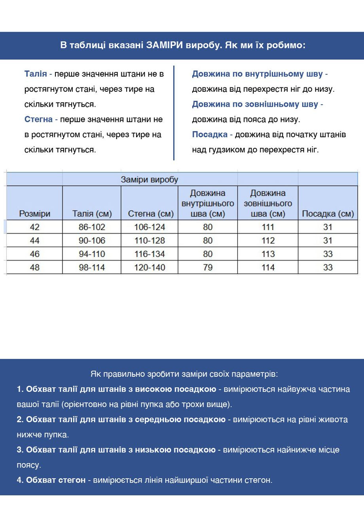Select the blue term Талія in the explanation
coord(36,74)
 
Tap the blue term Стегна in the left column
coord(38,119)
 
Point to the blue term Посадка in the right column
coord(210,134)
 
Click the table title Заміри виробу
coord(150,179)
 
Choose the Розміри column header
coord(35,214)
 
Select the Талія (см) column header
coord(92,214)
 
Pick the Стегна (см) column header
coord(151,214)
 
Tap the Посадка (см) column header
coord(328,214)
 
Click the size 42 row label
coord(35,227)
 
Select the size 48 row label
coord(35,267)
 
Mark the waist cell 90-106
coord(92,240)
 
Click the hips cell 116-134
coord(150,254)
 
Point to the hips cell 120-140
coord(150,267)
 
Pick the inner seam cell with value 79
coord(208,267)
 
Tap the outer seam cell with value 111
coord(268,227)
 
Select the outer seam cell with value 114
coord(268,267)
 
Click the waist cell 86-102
coord(92,227)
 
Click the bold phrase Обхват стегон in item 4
coord(55,480)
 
